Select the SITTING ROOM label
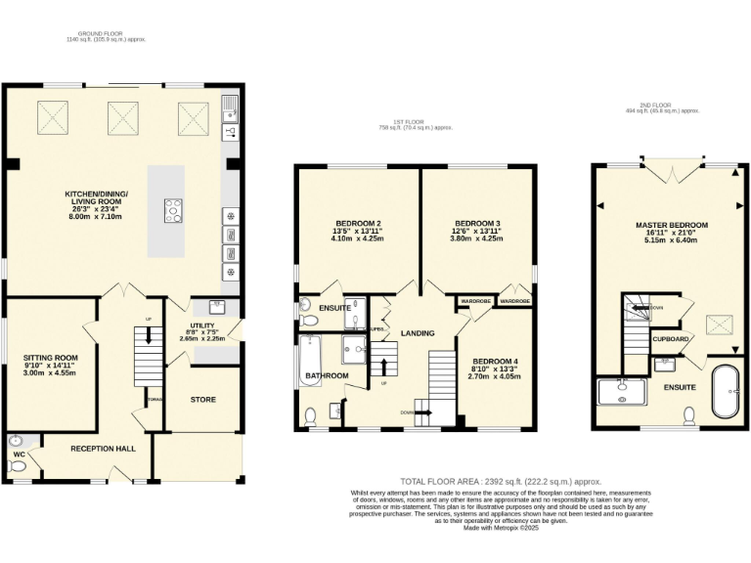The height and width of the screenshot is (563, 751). pyautogui.click(x=50, y=359)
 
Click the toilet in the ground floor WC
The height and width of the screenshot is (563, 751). pyautogui.click(x=17, y=467)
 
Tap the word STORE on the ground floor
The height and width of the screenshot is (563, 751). pyautogui.click(x=202, y=399)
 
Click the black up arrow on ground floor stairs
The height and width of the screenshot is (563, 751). pyautogui.click(x=148, y=335)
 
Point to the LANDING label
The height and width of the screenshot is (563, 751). pyautogui.click(x=418, y=333)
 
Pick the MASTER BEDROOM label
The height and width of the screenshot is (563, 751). pyautogui.click(x=671, y=225)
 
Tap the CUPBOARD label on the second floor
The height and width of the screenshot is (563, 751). pyautogui.click(x=671, y=339)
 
